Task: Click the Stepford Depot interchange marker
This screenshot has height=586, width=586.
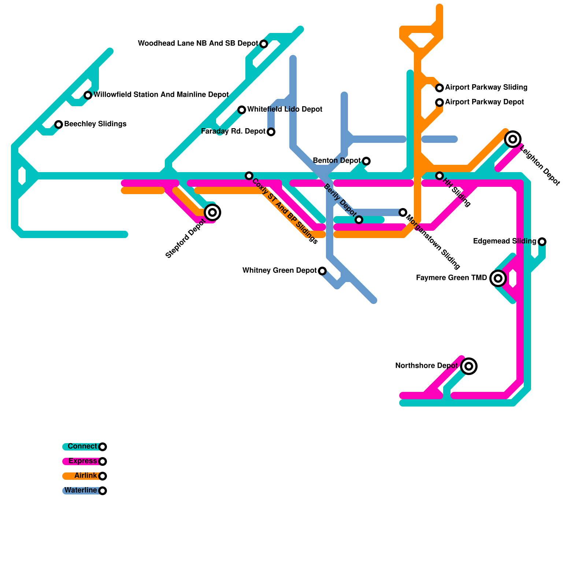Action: pos(212,212)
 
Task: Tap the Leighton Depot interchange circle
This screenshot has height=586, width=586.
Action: pos(513,139)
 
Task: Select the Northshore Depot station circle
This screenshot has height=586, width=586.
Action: pos(469,366)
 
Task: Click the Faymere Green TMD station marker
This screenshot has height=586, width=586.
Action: pos(498,278)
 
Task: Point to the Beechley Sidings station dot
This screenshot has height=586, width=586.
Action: pos(59,125)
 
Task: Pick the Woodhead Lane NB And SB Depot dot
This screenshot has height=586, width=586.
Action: pos(264,44)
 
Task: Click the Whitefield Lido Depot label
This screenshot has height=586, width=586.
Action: pos(285,110)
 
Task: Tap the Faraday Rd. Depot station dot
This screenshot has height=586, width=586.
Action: pos(271,132)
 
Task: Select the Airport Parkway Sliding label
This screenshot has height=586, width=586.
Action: pos(486,88)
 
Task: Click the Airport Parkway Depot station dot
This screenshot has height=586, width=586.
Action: pos(439,103)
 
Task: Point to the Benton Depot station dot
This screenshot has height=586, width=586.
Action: pos(366,161)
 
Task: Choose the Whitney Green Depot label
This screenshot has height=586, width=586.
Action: pos(279,271)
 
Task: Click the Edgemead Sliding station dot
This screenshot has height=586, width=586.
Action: pos(542,242)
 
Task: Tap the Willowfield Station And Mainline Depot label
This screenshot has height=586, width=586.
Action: pos(161,95)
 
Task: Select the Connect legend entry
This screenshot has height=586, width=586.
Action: pos(82,446)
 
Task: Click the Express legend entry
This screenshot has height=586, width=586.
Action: pos(82,461)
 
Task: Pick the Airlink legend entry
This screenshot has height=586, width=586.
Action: pos(85,476)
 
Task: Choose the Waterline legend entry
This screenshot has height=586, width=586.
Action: pos(81,490)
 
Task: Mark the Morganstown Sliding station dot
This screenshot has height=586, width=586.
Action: pos(403,212)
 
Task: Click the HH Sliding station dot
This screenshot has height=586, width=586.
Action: pos(439,176)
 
